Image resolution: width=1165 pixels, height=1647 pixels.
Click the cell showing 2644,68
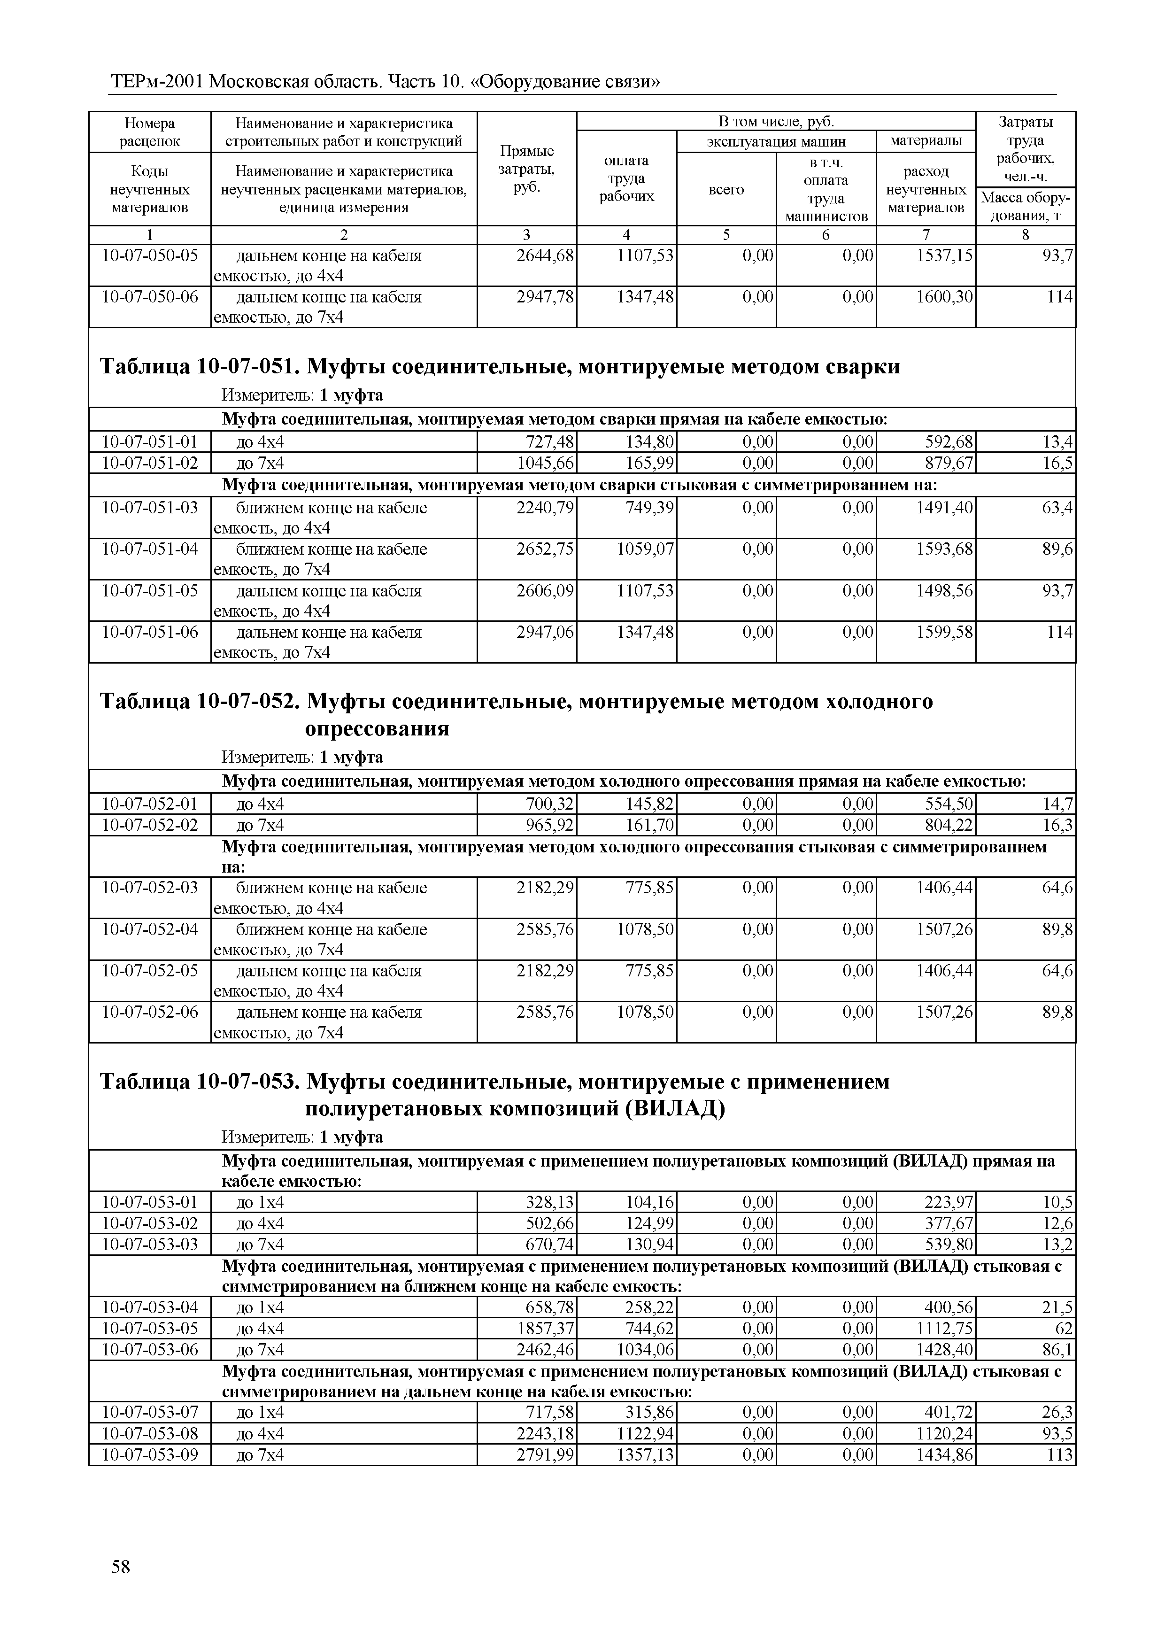pos(545,256)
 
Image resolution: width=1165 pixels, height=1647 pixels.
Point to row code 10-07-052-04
pos(150,930)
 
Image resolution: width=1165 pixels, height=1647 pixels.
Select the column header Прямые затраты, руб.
pos(526,169)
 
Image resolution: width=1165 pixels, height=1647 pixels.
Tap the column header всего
pos(726,189)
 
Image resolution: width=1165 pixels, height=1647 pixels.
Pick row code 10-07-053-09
pos(150,1455)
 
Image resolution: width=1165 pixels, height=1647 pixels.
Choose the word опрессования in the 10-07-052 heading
pos(378,729)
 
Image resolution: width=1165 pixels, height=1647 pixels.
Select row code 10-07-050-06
pos(150,297)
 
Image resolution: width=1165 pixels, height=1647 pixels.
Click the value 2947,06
pos(545,633)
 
